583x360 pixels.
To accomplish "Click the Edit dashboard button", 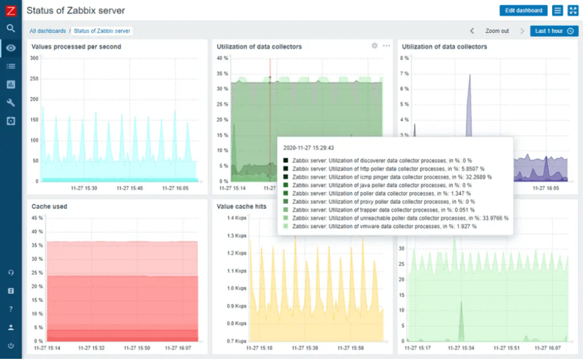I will coord(523,11).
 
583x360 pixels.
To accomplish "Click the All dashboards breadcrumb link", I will coord(48,31).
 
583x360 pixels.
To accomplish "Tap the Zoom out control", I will coord(497,31).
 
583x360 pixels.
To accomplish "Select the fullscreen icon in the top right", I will coord(573,11).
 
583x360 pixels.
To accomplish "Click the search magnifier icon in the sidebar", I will coord(11,28).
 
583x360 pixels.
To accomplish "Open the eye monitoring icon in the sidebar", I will coord(11,47).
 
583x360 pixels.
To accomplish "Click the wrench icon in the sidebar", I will coord(11,103).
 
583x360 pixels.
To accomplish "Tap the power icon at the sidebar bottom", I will coord(11,346).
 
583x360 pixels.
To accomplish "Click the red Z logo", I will coord(11,10).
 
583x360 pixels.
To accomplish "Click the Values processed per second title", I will coord(76,47).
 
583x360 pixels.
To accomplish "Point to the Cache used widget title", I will coord(49,206).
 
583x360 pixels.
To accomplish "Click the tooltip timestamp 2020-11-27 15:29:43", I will coord(308,148).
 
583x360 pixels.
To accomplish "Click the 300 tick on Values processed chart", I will coord(34,58).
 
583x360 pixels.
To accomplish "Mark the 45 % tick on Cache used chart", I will coord(36,218).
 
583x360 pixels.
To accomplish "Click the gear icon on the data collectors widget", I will coord(374,46).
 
